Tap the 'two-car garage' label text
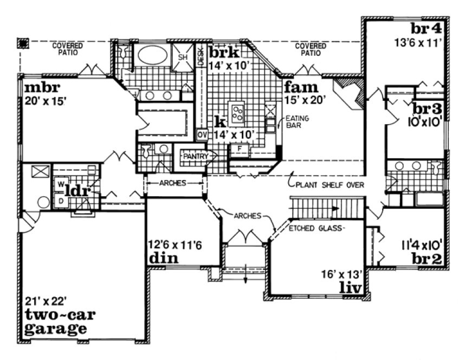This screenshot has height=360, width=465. click(x=56, y=322)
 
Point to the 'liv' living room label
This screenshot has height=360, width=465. click(x=350, y=286)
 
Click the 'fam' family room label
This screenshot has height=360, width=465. click(x=297, y=87)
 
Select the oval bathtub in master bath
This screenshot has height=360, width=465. click(x=152, y=55)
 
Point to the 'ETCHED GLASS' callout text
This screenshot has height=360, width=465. click(x=317, y=228)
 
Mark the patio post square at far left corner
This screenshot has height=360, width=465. click(x=23, y=42)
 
